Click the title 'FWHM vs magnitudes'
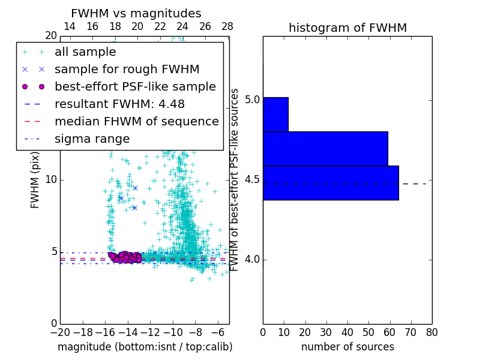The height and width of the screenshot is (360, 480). [136, 14]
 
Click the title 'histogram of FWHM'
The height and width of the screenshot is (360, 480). [347, 28]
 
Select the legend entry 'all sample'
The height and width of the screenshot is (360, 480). [85, 52]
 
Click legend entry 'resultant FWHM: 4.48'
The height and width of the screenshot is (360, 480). [119, 104]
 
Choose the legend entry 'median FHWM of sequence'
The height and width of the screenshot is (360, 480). [136, 121]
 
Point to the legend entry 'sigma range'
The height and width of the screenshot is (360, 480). [92, 139]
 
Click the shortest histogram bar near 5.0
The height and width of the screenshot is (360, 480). [275, 114]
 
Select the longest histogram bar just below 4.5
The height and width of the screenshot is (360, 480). [331, 182]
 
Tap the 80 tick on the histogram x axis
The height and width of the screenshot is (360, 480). [431, 332]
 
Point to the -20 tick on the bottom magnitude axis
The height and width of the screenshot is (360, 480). [60, 332]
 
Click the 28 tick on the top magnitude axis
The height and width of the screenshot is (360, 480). [227, 27]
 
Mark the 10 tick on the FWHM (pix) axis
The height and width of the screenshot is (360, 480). [51, 180]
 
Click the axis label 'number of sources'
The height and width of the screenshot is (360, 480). [347, 347]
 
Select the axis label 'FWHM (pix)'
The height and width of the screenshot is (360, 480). [35, 179]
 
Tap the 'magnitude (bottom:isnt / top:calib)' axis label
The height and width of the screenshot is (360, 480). [145, 347]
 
